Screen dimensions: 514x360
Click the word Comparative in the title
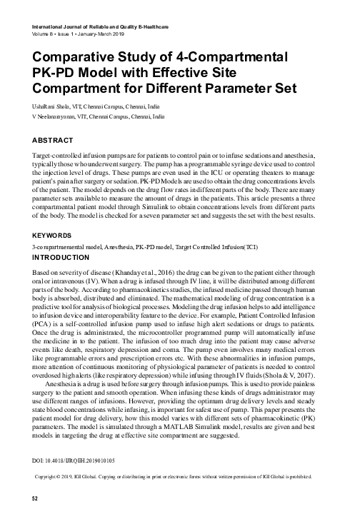(x=69, y=61)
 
